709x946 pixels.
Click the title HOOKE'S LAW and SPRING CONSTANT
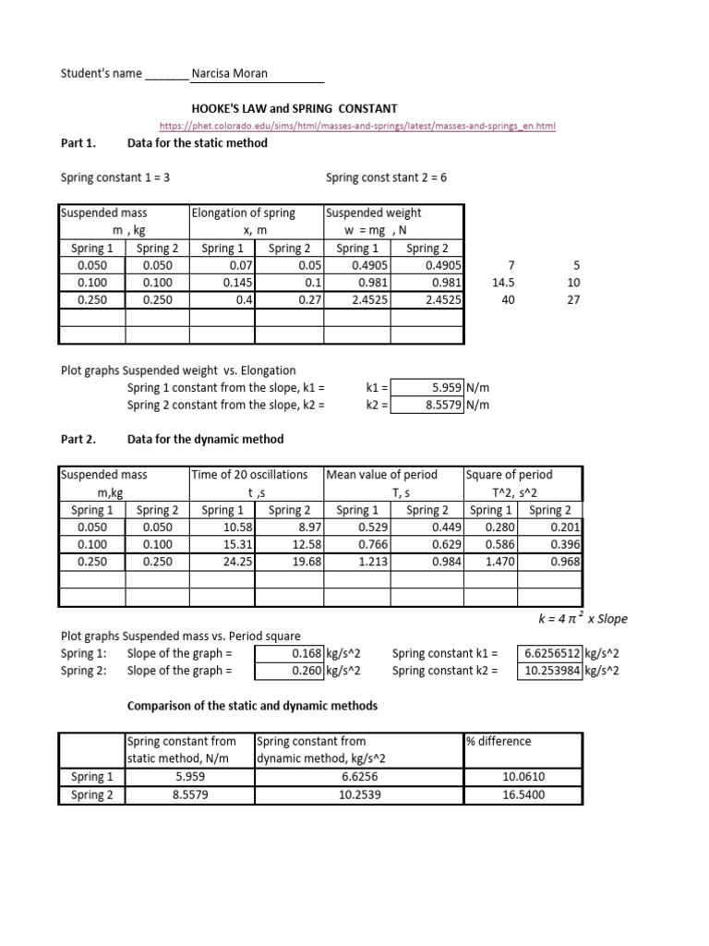click(294, 108)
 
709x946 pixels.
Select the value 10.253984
click(552, 671)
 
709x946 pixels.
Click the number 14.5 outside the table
click(502, 283)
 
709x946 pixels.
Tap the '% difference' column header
click(499, 741)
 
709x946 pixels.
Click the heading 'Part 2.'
click(78, 439)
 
